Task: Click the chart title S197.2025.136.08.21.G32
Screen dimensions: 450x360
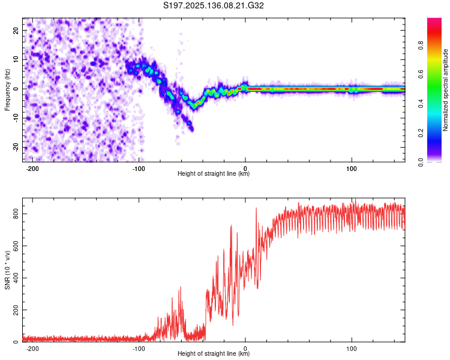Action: (x=213, y=5)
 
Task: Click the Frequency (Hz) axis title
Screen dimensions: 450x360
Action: (x=7, y=90)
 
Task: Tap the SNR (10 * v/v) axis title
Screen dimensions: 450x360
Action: (x=7, y=270)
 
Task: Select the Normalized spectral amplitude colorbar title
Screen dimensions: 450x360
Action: (x=445, y=90)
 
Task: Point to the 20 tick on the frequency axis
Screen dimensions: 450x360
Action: (x=16, y=30)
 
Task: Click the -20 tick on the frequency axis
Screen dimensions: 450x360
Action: (x=16, y=147)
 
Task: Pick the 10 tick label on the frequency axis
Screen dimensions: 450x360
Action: (x=16, y=59)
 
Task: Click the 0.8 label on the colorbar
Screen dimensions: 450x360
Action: (x=421, y=46)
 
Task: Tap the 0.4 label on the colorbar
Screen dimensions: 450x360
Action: (x=421, y=104)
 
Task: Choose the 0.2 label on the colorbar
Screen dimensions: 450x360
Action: (x=421, y=133)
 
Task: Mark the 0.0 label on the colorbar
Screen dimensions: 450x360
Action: (x=421, y=162)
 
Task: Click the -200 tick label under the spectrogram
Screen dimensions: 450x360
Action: (x=32, y=169)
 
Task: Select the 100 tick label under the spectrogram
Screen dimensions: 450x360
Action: (x=351, y=169)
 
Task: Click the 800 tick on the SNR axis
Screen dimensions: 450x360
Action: (x=16, y=214)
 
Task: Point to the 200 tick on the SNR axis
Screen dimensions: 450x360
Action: (x=16, y=310)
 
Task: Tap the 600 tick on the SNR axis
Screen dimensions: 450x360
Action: (x=16, y=246)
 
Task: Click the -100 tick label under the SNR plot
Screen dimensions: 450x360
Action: (x=139, y=349)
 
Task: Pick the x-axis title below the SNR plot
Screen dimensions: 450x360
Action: (x=214, y=353)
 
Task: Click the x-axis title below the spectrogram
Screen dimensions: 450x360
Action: (x=214, y=173)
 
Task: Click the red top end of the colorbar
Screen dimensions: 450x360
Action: (x=434, y=19)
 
